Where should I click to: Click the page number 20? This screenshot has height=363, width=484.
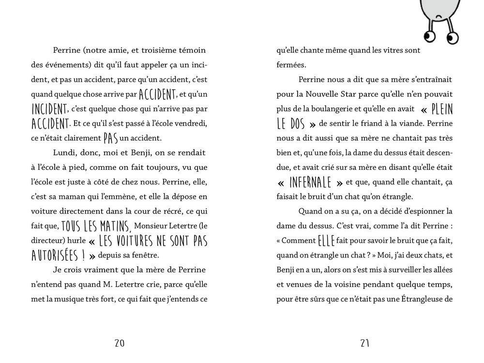point(120,343)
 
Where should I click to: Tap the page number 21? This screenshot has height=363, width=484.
point(365,343)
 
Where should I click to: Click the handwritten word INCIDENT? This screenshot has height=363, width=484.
point(50,108)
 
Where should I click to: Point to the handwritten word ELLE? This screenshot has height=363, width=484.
point(326,240)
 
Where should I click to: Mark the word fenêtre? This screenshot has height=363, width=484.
point(146,255)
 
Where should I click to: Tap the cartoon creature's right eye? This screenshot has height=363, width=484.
point(453,37)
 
